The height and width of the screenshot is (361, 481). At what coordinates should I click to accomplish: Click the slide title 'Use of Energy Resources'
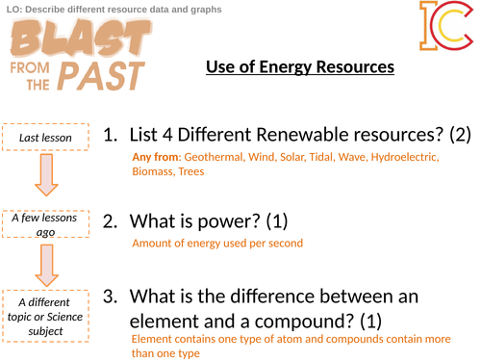tap(299, 67)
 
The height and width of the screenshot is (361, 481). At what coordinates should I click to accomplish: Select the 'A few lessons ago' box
tap(46, 222)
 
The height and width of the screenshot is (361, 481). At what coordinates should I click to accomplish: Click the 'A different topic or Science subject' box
tap(46, 313)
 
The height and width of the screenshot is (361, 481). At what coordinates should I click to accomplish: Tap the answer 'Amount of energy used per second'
tap(217, 243)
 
